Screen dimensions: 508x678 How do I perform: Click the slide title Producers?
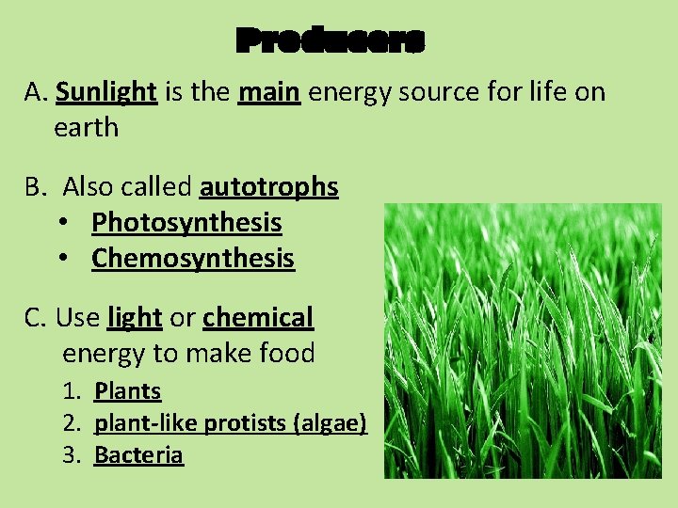pyautogui.click(x=331, y=40)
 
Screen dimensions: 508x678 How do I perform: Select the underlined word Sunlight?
pyautogui.click(x=105, y=92)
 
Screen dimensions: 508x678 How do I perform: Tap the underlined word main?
pyautogui.click(x=269, y=92)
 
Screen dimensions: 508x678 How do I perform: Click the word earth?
pyautogui.click(x=87, y=128)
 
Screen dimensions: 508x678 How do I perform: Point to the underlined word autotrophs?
pyautogui.click(x=268, y=188)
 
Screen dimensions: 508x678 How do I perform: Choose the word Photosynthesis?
pyautogui.click(x=186, y=223)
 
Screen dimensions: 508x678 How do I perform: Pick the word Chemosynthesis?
pyautogui.click(x=193, y=259)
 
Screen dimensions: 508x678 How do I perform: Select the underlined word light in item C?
pyautogui.click(x=135, y=319)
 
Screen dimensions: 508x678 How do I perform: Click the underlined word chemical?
pyautogui.click(x=257, y=319)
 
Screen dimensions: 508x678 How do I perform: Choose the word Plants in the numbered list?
pyautogui.click(x=128, y=391)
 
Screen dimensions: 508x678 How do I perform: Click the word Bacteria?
pyautogui.click(x=138, y=455)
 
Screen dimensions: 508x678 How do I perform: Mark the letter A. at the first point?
pyautogui.click(x=36, y=92)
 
